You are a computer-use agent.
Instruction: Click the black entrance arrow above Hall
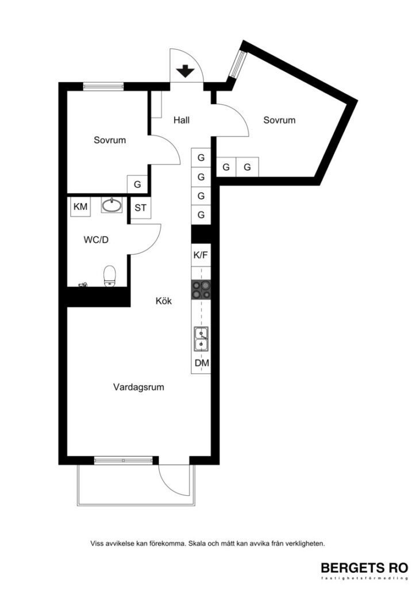[185, 72]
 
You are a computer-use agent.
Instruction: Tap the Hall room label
[182, 120]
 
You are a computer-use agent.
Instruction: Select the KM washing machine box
[80, 206]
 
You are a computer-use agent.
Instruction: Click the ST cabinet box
[141, 208]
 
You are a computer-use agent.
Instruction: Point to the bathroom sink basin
[112, 205]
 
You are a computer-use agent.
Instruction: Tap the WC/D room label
[96, 240]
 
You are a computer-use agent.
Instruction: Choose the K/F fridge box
[201, 255]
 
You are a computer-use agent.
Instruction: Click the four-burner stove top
[201, 290]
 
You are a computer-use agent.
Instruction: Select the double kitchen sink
[201, 339]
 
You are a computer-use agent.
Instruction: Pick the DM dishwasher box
[201, 364]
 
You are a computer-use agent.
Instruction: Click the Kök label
[164, 301]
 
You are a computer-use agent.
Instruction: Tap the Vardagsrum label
[138, 387]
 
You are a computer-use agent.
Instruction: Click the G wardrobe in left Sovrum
[137, 185]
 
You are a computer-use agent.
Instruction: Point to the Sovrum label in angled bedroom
[279, 120]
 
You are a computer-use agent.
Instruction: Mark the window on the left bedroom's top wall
[103, 86]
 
